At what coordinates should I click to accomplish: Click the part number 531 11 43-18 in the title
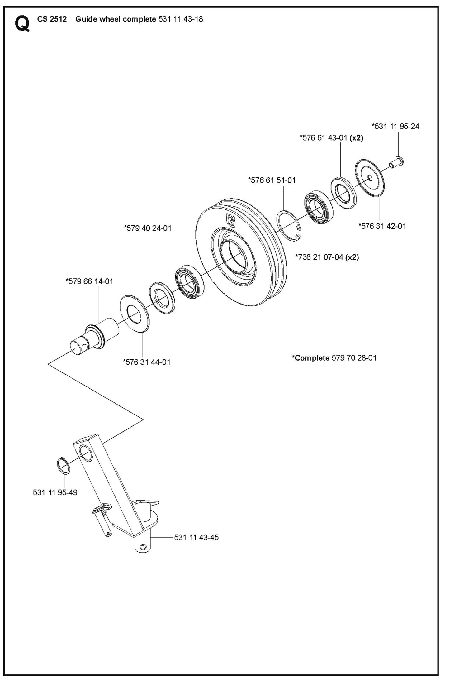pyautogui.click(x=181, y=19)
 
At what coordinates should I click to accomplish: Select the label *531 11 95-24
pyautogui.click(x=396, y=127)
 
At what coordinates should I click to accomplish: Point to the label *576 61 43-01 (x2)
pyautogui.click(x=331, y=138)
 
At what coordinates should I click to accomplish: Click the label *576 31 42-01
pyautogui.click(x=382, y=226)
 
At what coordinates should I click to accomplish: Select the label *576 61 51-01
pyautogui.click(x=272, y=180)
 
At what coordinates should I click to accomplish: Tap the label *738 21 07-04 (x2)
pyautogui.click(x=327, y=257)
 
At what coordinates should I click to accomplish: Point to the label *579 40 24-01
pyautogui.click(x=148, y=228)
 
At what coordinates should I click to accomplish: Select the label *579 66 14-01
pyautogui.click(x=89, y=281)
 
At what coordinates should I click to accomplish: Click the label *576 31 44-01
pyautogui.click(x=147, y=362)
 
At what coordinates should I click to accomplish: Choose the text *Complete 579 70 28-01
pyautogui.click(x=334, y=358)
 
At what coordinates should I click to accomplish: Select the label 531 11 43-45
pyautogui.click(x=196, y=537)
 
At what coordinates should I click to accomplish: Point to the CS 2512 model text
pyautogui.click(x=52, y=19)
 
